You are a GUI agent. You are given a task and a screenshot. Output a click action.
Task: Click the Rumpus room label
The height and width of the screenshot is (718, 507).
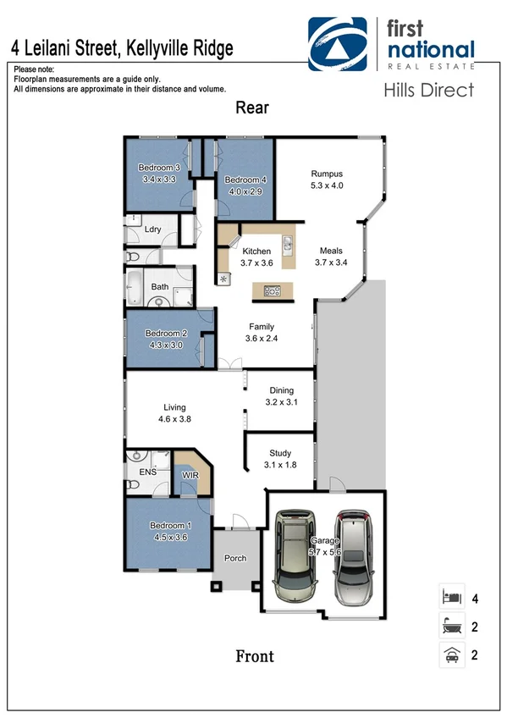coord(326,174)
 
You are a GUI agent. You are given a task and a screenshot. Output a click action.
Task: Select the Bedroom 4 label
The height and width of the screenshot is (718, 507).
coord(245,180)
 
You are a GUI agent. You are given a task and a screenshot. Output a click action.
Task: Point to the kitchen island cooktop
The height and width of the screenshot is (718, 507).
coord(272,291)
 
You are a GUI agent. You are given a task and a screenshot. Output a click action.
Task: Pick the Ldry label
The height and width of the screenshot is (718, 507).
coord(153,229)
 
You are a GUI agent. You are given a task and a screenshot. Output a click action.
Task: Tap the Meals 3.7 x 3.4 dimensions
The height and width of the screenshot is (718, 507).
coord(331,262)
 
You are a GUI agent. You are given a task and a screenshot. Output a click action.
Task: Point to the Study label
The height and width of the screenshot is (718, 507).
coord(280,454)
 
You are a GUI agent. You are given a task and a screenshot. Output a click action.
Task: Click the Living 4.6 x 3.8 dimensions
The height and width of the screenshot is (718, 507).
coord(175,418)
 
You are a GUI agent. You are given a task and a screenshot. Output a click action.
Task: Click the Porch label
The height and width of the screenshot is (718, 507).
coord(234,558)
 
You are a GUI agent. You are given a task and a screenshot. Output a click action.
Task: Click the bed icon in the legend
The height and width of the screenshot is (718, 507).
coord(450,598)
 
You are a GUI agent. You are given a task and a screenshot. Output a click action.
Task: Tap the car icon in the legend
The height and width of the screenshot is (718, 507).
coord(450,654)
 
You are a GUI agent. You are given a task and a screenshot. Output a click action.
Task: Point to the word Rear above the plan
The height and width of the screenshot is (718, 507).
coord(252,108)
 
